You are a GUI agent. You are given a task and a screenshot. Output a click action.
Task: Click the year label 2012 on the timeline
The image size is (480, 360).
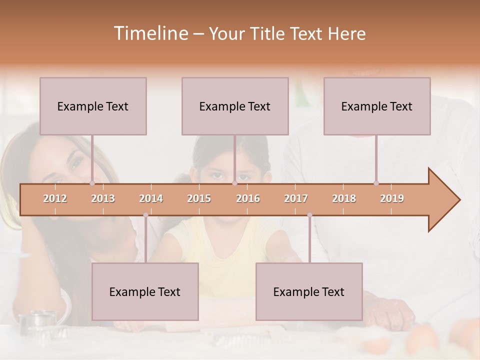pyautogui.click(x=55, y=198)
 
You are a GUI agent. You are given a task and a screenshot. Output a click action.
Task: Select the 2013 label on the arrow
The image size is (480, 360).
pyautogui.click(x=103, y=198)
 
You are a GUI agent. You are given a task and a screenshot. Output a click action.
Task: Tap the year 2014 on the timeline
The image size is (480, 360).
pyautogui.click(x=151, y=198)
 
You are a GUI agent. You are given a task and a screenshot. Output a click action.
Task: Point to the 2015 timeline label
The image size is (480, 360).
pyautogui.click(x=199, y=198)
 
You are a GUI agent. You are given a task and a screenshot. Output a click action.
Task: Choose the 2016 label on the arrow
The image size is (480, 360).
pyautogui.click(x=248, y=198)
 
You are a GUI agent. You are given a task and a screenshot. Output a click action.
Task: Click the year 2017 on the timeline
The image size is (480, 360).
pyautogui.click(x=296, y=198)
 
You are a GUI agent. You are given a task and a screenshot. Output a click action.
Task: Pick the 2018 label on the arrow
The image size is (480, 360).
pyautogui.click(x=344, y=198)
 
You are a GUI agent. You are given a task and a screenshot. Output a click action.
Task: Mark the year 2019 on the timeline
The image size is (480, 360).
pyautogui.click(x=392, y=198)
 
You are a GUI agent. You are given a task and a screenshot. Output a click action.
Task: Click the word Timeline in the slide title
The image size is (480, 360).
pyautogui.click(x=150, y=33)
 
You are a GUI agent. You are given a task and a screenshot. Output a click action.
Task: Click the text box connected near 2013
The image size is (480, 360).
pyautogui.click(x=93, y=106)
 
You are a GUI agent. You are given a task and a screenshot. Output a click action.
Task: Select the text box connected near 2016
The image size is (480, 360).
pyautogui.click(x=235, y=106)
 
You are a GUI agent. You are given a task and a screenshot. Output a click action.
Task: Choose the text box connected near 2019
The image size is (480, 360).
pyautogui.click(x=377, y=106)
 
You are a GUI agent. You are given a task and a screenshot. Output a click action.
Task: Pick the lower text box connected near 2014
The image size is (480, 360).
pyautogui.click(x=145, y=291)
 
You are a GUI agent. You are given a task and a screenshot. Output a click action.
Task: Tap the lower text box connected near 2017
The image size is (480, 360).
pyautogui.click(x=309, y=291)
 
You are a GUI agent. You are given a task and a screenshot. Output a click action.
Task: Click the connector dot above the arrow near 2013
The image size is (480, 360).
pyautogui.click(x=92, y=183)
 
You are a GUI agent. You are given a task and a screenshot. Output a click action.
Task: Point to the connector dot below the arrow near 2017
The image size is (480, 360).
pyautogui.click(x=309, y=215)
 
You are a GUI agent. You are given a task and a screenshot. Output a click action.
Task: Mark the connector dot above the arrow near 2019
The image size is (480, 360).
pyautogui.click(x=376, y=183)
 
